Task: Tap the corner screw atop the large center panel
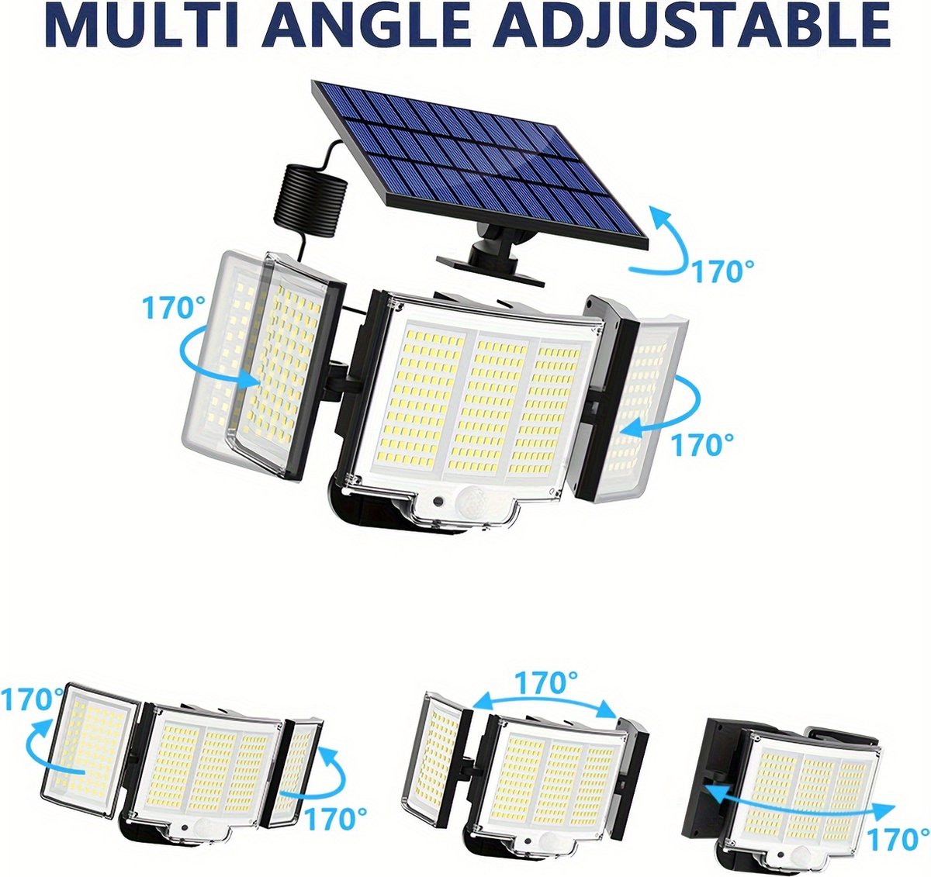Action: [400, 306]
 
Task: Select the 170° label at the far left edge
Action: [31, 699]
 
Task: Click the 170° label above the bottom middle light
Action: [546, 682]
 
